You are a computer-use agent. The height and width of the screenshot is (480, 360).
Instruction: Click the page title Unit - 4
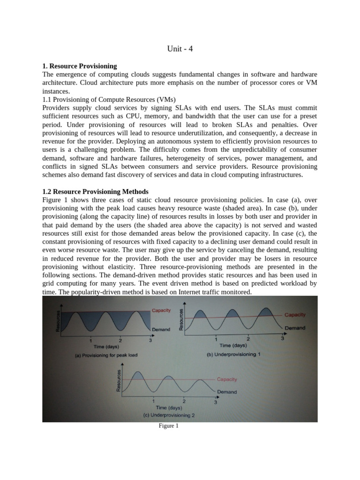coord(180,48)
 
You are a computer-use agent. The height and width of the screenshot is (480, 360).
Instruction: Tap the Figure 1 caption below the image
coord(169,426)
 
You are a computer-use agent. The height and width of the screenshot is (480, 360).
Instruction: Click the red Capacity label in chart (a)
coord(161,310)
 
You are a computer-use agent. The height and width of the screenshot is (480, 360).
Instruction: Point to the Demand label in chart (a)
coord(161,330)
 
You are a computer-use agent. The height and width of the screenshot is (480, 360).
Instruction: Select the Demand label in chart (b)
coord(295,328)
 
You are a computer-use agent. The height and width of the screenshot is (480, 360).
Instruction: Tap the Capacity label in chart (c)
coord(227,379)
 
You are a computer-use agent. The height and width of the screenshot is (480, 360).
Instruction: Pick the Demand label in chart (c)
coord(226,392)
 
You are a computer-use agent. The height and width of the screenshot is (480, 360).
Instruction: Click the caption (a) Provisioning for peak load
coord(106,355)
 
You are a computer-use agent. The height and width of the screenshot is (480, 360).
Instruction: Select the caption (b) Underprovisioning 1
coord(234,354)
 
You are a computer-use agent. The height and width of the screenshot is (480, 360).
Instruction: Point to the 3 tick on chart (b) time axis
coord(282,338)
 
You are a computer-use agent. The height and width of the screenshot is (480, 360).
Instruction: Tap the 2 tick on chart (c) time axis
coord(184,401)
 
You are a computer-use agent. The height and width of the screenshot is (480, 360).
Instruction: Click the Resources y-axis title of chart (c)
coord(119,380)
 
